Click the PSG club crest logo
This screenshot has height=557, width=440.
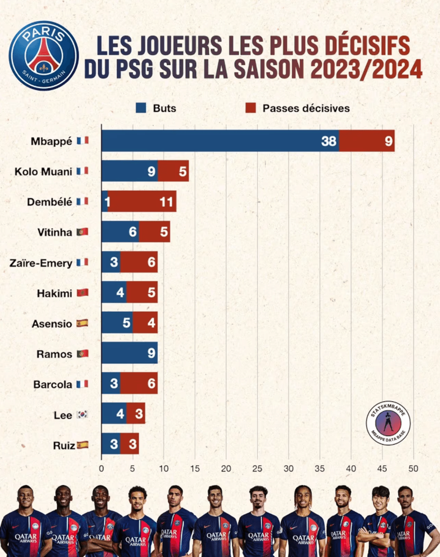tap(44, 55)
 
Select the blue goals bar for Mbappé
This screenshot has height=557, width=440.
tap(220, 141)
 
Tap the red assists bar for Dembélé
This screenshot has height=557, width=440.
tap(142, 202)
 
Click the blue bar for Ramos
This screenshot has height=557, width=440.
tap(129, 354)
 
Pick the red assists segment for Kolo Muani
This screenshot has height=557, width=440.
tap(173, 171)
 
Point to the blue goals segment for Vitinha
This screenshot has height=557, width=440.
tap(120, 232)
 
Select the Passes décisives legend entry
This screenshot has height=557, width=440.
tap(298, 108)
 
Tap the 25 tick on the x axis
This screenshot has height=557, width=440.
tap(257, 469)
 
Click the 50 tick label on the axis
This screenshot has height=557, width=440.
tap(413, 469)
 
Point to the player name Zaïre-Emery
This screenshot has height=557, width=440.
tap(41, 263)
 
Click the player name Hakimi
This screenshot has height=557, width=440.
tap(54, 293)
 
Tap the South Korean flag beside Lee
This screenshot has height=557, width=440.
tap(82, 415)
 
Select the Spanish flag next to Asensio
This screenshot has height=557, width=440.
tap(82, 323)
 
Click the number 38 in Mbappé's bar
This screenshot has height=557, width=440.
tap(329, 141)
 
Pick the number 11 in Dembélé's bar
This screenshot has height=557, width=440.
tap(166, 202)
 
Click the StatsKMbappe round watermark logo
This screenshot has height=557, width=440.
tap(388, 423)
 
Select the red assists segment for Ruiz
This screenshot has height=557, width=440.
tap(129, 444)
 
